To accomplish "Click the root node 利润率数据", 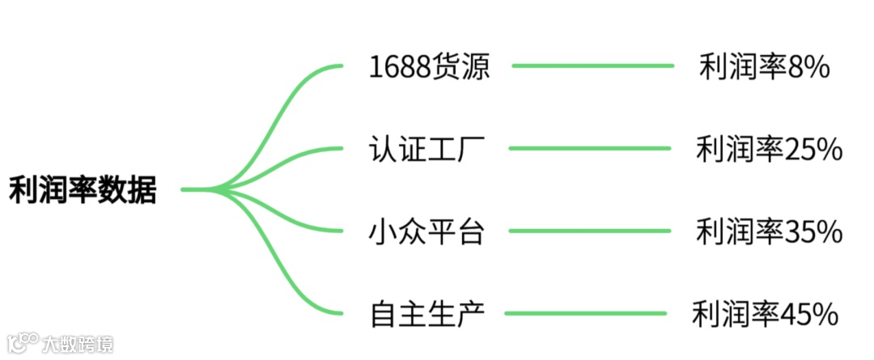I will (82, 191).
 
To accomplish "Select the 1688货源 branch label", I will (429, 67).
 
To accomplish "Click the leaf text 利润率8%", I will (764, 67).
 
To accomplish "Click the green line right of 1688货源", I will (592, 66).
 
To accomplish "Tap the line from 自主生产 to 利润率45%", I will (587, 313).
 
